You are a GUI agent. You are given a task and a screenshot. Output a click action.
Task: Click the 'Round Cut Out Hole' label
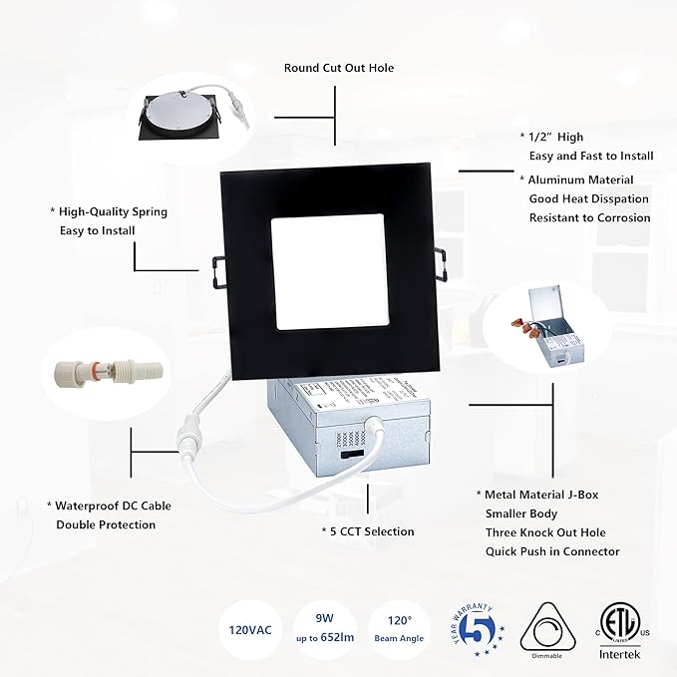pos(339,68)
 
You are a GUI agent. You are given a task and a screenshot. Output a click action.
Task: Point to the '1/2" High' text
pos(555,137)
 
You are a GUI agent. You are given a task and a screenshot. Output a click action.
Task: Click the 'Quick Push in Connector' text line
pos(552,551)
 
